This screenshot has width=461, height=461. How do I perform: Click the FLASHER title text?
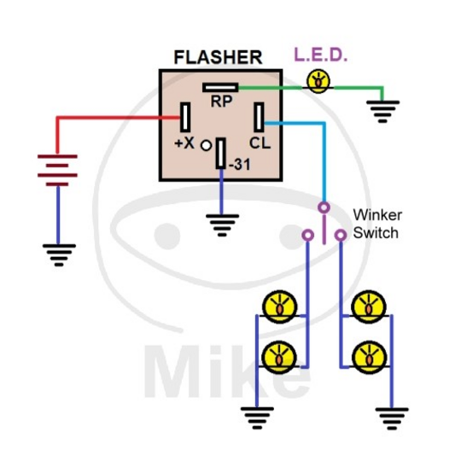point(218,57)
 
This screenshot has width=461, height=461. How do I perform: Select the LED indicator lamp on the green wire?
point(318,82)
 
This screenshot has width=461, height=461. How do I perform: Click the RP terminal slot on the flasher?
point(219,86)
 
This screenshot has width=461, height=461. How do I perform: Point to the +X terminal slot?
point(184,118)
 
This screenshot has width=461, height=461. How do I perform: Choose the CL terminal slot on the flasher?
point(260,118)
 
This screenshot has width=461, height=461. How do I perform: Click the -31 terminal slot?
point(221,155)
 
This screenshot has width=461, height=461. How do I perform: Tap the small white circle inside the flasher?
point(206,146)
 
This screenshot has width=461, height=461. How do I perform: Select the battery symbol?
point(57,169)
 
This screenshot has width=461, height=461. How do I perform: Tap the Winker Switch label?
point(377,224)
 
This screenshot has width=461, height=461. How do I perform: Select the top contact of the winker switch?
point(324,207)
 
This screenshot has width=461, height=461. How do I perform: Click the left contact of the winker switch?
point(307,234)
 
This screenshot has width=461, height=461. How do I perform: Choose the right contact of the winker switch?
point(340,234)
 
